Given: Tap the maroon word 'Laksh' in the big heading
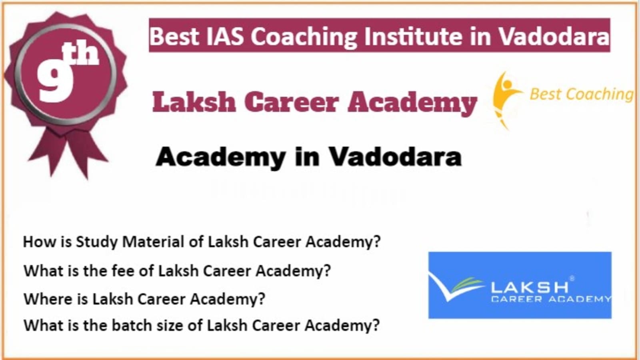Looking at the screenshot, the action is tap(194, 102).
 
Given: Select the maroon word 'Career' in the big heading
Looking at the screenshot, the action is tap(292, 102).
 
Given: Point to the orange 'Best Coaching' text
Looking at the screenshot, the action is tap(582, 94).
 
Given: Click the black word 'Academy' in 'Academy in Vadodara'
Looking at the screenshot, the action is tap(220, 158).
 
